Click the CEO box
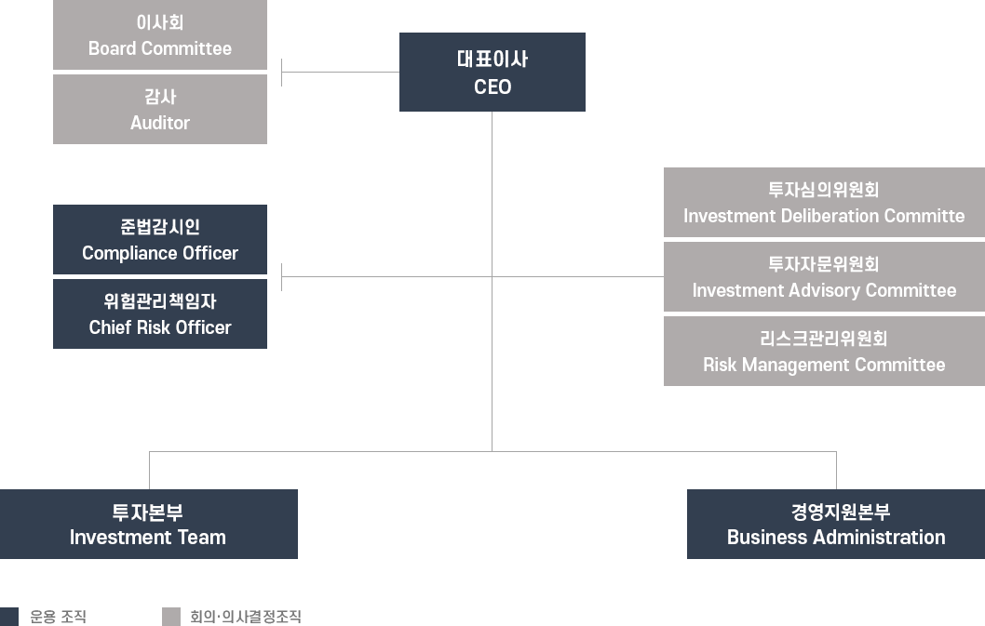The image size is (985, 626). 492,72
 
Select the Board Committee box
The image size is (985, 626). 159,35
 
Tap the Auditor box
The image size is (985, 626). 159,110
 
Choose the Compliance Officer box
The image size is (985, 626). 159,239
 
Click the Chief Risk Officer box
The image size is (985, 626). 159,313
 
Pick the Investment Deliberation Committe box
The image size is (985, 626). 823,202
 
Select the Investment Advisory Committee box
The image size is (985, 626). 823,276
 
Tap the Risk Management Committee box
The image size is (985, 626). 823,351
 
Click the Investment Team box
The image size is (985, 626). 149,524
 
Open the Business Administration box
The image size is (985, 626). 835,524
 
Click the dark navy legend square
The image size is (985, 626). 10,616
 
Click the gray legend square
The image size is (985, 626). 170,616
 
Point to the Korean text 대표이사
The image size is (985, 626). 492,60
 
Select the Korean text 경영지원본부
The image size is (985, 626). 835,512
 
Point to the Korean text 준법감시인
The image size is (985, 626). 159,227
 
